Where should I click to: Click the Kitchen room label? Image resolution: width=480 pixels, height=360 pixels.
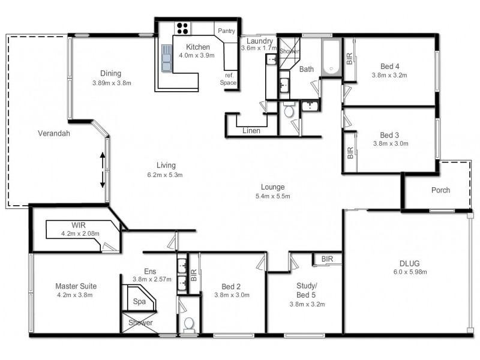[198, 47]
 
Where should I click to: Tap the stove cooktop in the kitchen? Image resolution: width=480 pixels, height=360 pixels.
[182, 28]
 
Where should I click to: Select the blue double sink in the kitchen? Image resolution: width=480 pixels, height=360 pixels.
[167, 58]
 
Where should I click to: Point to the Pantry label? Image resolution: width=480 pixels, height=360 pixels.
[226, 31]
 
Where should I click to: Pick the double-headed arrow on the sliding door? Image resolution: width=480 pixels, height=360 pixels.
[102, 170]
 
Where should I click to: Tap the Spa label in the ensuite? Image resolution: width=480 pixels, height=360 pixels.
[140, 302]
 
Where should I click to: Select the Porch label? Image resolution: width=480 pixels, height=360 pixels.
[440, 190]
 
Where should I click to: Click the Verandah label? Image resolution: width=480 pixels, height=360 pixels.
[54, 133]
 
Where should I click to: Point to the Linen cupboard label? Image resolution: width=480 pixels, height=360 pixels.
[251, 131]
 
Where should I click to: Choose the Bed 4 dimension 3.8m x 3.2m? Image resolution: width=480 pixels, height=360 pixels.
[389, 76]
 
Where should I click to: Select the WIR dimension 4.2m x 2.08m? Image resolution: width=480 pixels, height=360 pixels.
[80, 233]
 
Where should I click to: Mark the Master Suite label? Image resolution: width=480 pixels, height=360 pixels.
[76, 286]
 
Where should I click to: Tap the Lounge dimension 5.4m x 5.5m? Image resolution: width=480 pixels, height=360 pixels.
[273, 196]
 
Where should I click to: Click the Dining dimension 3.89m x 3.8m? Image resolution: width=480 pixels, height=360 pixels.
[112, 83]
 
